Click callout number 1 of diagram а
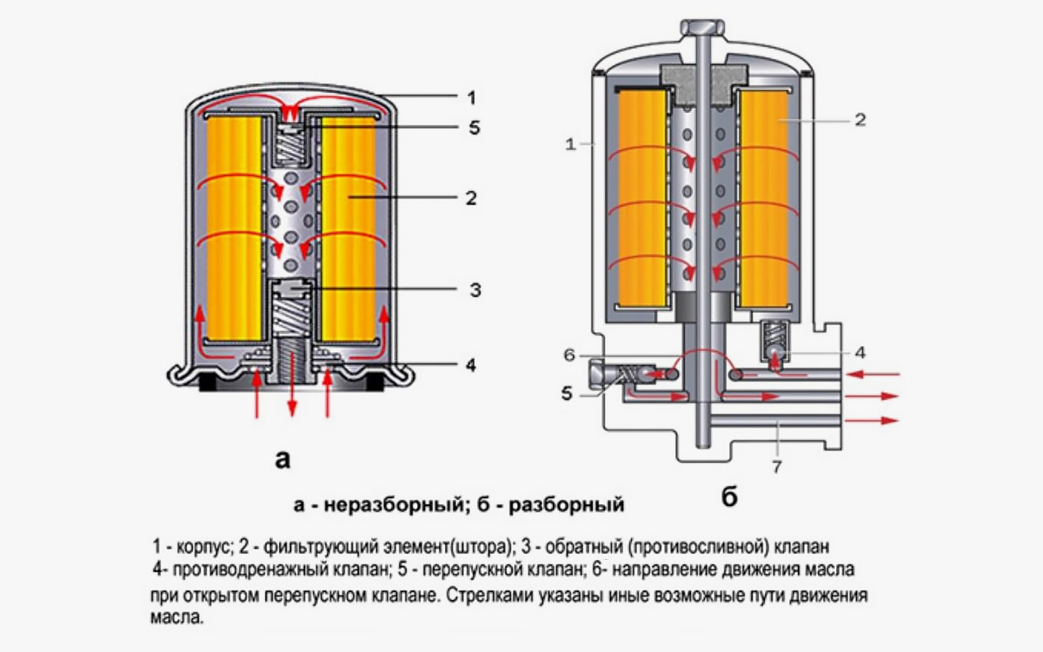[x=470, y=96]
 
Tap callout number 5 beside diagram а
[x=473, y=128]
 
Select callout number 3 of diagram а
[x=475, y=289]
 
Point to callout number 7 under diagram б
[x=776, y=467]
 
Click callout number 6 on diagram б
[x=569, y=355]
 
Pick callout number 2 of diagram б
[x=860, y=120]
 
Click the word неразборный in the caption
[x=364, y=504]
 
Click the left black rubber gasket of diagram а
[x=209, y=382]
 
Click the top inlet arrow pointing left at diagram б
[x=878, y=375]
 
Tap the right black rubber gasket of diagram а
[x=375, y=382]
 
